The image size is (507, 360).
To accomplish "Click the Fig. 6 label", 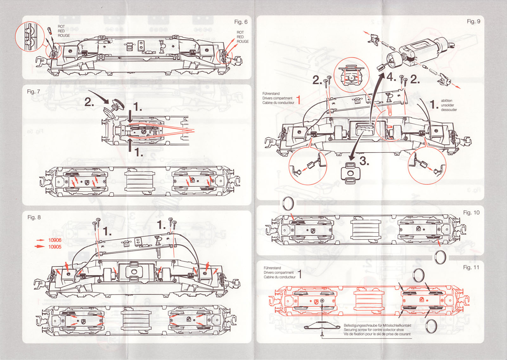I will pyautogui.click(x=241, y=22).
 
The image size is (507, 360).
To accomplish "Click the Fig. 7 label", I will pyautogui.click(x=33, y=92).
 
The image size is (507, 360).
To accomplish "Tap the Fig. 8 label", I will pyautogui.click(x=34, y=217).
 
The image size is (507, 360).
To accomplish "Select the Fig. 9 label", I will pyautogui.click(x=473, y=21).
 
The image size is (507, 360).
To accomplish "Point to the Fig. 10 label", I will pyautogui.click(x=471, y=213).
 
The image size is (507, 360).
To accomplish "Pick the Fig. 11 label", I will pyautogui.click(x=471, y=267).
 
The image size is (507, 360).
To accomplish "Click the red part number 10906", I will pyautogui.click(x=55, y=240).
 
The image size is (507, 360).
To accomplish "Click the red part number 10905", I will pyautogui.click(x=55, y=247).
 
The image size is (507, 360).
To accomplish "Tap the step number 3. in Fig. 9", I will pyautogui.click(x=364, y=161).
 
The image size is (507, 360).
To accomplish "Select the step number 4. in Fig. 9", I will pyautogui.click(x=391, y=77).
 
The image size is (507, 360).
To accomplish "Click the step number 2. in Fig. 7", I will pyautogui.click(x=89, y=102).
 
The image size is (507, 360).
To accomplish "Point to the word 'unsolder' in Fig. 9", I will pyautogui.click(x=447, y=105).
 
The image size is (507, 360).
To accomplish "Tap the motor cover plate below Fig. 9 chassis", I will pyautogui.click(x=350, y=173).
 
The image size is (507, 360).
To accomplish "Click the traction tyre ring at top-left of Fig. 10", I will pyautogui.click(x=288, y=203).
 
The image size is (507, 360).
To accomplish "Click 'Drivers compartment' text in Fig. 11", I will pyautogui.click(x=279, y=272).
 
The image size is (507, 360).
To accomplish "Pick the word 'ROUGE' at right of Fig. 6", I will pyautogui.click(x=243, y=42).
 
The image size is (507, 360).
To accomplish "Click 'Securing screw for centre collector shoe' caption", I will pyautogui.click(x=374, y=330).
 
